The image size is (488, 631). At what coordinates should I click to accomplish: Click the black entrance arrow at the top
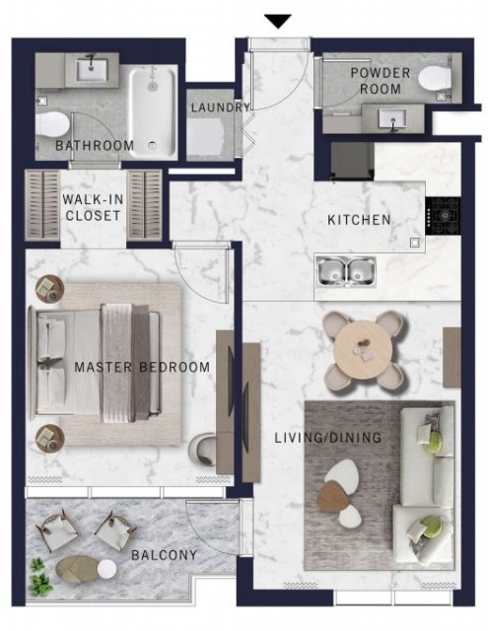coord(278,21)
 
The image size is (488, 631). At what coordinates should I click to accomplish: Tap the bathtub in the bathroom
coord(153,112)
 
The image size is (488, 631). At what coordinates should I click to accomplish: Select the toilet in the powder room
coord(433,79)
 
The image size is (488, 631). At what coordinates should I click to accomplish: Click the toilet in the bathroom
coord(51,124)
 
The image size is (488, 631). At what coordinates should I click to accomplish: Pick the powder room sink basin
coord(392,119)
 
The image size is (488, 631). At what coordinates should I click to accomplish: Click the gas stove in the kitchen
coord(444,216)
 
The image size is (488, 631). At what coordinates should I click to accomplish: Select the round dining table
coord(363,350)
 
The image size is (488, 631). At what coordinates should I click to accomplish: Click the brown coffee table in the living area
coord(333,497)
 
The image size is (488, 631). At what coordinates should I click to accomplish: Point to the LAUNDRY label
coord(221,107)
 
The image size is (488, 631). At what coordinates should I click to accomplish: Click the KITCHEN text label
coord(359,220)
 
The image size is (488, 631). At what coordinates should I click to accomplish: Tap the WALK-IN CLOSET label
coord(93,207)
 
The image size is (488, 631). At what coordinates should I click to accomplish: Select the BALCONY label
coord(164,555)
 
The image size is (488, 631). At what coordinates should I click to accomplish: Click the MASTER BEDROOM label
coord(142,367)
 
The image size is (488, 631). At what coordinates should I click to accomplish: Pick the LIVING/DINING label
coord(328,438)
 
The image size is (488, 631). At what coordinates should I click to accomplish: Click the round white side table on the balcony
coord(107,569)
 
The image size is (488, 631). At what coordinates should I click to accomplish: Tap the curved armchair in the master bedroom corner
coord(202,450)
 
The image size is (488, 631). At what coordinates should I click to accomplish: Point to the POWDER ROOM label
coord(381,81)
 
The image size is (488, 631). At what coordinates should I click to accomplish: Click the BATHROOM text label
coord(95,145)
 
